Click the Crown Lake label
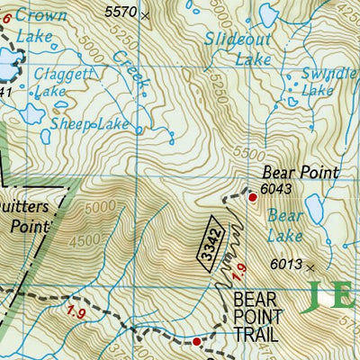[38, 27]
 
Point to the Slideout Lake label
[238, 49]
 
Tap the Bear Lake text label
[285, 226]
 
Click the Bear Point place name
[300, 172]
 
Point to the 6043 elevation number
[277, 189]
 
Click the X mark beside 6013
[311, 267]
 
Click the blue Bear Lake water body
[314, 210]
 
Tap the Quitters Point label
[27, 216]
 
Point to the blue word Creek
[130, 68]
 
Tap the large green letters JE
[332, 295]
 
